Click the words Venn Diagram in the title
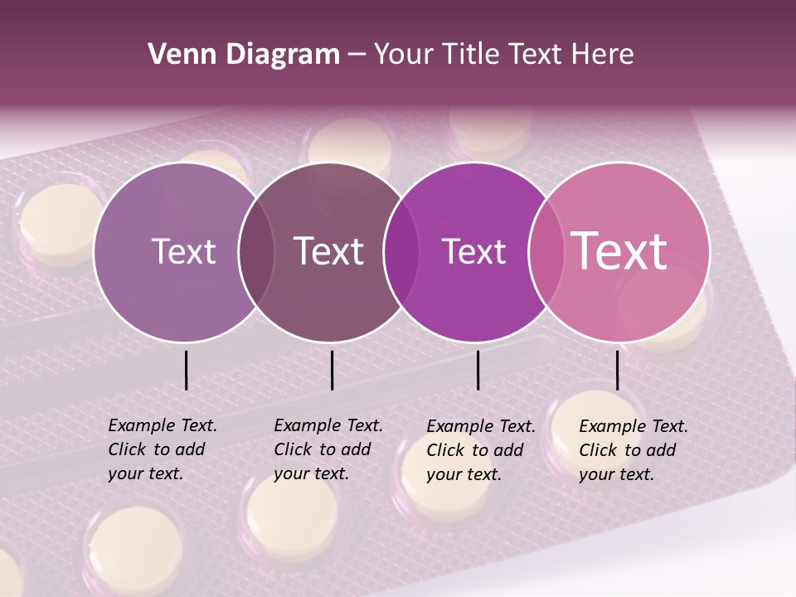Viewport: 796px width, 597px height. [243, 55]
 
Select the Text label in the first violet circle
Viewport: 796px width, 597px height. [183, 251]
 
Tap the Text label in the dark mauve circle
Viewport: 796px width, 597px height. [328, 251]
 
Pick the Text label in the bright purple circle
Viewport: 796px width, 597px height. [473, 251]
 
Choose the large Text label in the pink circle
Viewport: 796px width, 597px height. [619, 250]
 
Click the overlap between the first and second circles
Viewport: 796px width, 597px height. [256, 251]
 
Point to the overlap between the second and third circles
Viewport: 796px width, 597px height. [401, 251]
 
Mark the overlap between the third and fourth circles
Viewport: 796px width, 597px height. [546, 251]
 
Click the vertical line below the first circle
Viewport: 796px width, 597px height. [186, 370]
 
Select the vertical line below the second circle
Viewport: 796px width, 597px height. [332, 370]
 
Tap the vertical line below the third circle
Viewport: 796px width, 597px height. [478, 370]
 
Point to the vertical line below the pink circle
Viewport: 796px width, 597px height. [617, 370]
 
